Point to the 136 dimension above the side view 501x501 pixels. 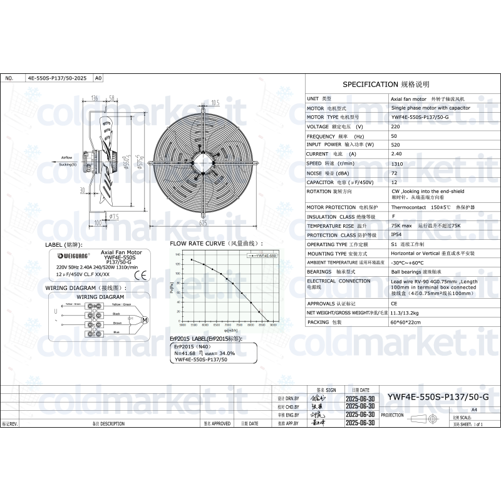pyautogui.click(x=95, y=98)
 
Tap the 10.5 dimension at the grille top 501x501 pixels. pyautogui.click(x=214, y=102)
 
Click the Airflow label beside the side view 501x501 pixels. pyautogui.click(x=66, y=157)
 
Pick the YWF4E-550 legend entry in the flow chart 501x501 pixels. pyautogui.click(x=264, y=256)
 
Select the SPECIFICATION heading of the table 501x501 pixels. pyautogui.click(x=386, y=84)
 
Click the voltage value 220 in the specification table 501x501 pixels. pyautogui.click(x=395, y=127)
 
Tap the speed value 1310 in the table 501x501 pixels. pyautogui.click(x=396, y=163)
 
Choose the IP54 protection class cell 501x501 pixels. pyautogui.click(x=396, y=235)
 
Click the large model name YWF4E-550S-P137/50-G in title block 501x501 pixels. pyautogui.click(x=438, y=397)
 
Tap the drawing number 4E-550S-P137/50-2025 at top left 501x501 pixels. pyautogui.click(x=56, y=79)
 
